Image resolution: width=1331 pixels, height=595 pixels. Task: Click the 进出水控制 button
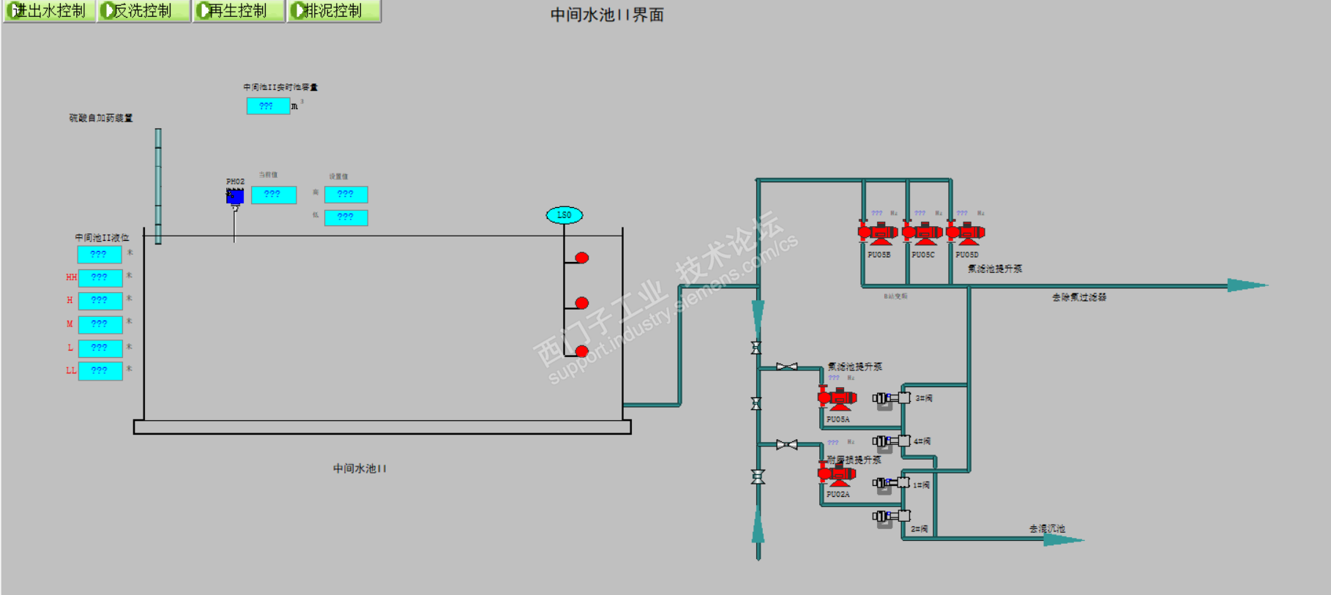(48, 11)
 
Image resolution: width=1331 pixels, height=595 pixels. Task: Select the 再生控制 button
(238, 11)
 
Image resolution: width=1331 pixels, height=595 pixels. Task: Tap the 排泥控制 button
(333, 11)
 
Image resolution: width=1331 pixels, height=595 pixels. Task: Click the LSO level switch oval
(564, 215)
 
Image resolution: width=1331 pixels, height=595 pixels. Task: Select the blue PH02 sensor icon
(235, 196)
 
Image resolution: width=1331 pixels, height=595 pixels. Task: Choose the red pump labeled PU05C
(922, 233)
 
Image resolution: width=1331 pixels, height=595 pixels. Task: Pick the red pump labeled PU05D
(966, 233)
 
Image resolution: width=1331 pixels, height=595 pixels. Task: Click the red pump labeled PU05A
(838, 399)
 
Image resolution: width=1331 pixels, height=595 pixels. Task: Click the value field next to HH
(100, 278)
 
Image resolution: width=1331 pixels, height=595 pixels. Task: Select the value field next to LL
(100, 371)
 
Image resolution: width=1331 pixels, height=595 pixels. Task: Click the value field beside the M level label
(100, 324)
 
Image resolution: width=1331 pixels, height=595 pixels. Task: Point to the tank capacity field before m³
(268, 106)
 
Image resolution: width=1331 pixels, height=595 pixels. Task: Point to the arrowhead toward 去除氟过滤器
(1246, 285)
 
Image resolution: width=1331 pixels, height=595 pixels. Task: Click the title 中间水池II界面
(607, 15)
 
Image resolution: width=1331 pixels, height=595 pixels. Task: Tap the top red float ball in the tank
(582, 258)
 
